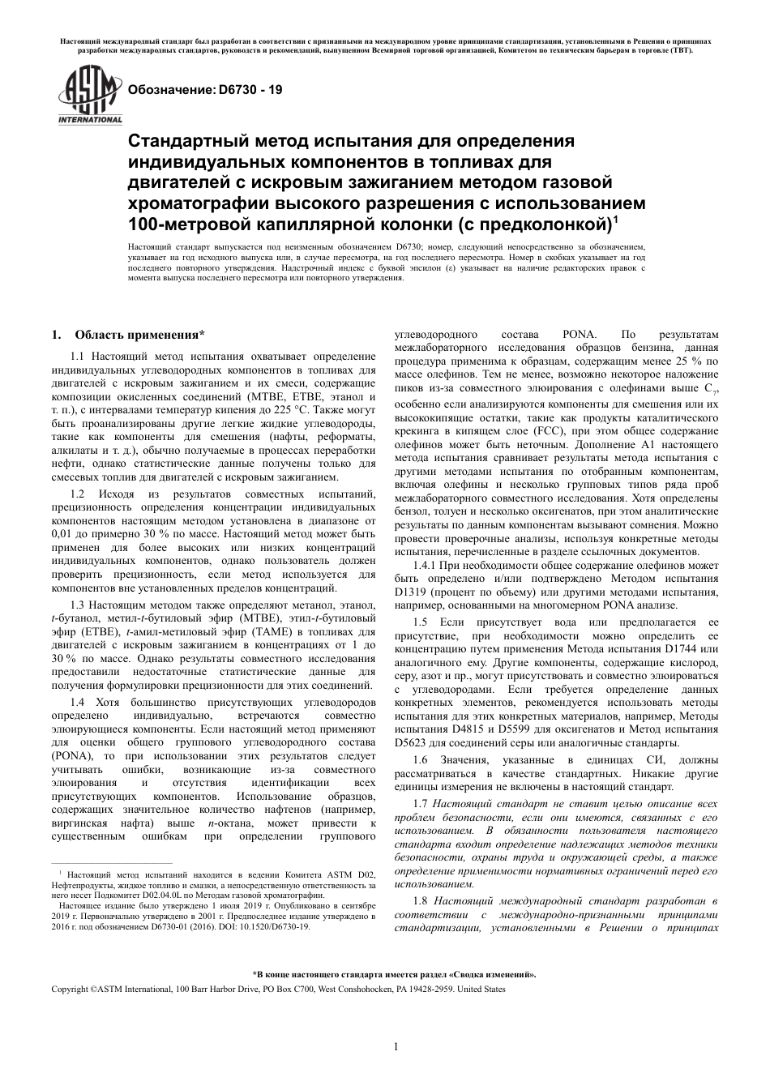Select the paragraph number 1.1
point(78,357)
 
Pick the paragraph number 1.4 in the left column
point(78,701)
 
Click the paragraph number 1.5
point(420,622)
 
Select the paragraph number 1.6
point(420,759)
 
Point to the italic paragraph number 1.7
point(420,802)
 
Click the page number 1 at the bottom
point(395,1046)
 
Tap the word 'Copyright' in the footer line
point(70,989)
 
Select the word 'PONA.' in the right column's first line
point(579,334)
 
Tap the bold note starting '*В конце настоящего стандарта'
point(394,976)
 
